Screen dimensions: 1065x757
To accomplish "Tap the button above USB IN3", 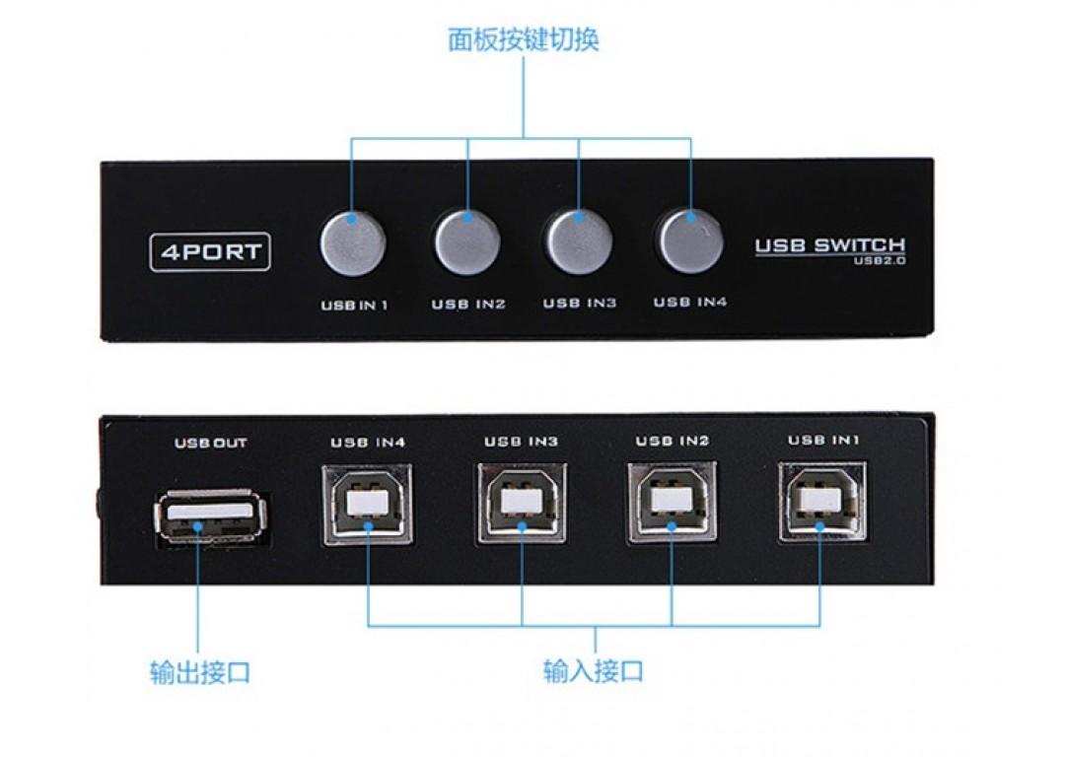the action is coord(579,241).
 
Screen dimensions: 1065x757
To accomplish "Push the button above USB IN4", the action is coord(690,241).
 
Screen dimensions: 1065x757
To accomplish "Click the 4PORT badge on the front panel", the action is coord(210,252).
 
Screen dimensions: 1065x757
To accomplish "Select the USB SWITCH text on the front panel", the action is coord(830,245).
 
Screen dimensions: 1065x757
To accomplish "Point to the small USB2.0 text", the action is coord(880,260).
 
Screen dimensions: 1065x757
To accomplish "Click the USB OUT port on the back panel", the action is coord(211,517).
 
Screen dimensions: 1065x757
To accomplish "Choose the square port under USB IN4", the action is coord(367,504).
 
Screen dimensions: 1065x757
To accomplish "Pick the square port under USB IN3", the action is coord(521,503).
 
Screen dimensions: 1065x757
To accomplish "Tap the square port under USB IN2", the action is coord(672,502).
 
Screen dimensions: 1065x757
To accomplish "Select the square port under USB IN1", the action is coord(822,501).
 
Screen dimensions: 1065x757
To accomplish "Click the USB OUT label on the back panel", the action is coord(211,444).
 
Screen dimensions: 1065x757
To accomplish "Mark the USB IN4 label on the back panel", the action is coord(368,443).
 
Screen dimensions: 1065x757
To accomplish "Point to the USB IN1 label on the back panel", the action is coord(823,440).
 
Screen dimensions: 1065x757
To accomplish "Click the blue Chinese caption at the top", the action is coord(523,39).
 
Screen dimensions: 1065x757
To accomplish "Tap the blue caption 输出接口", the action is coord(199,672).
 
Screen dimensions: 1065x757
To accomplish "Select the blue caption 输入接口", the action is coord(593,671).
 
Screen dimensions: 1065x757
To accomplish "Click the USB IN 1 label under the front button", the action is coord(354,306).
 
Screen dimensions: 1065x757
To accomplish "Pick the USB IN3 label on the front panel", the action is coord(580,303).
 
